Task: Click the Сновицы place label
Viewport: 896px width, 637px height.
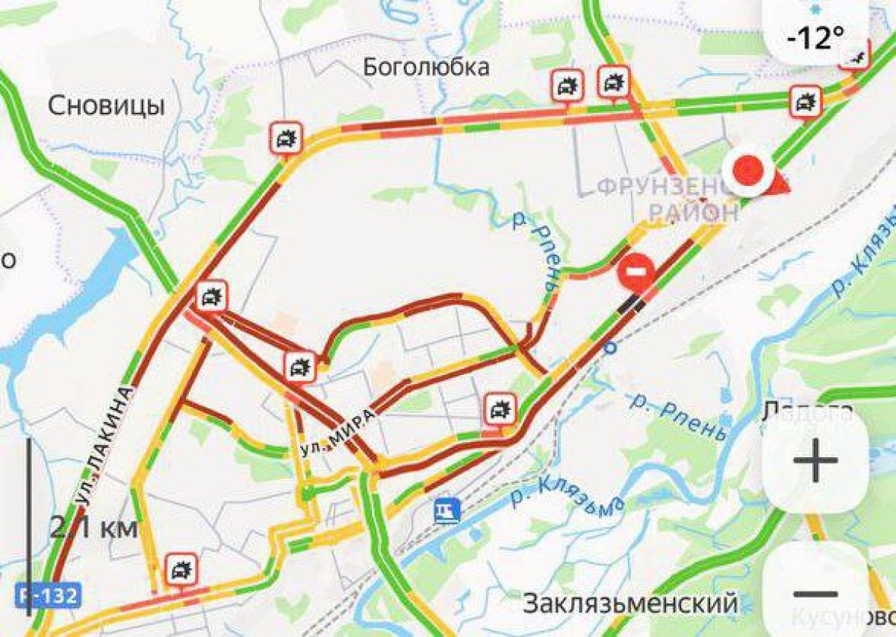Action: pyautogui.click(x=106, y=106)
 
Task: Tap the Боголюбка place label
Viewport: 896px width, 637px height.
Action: pyautogui.click(x=426, y=67)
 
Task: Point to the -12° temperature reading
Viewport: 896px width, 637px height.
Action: pyautogui.click(x=819, y=37)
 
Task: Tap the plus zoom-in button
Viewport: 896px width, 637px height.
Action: pyautogui.click(x=815, y=460)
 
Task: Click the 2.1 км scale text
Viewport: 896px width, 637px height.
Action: pyautogui.click(x=93, y=529)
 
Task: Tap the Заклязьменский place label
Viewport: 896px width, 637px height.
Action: pyautogui.click(x=630, y=603)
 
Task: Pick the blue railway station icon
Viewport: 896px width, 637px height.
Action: pyautogui.click(x=447, y=511)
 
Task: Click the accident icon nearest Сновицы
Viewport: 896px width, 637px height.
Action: pyautogui.click(x=286, y=138)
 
